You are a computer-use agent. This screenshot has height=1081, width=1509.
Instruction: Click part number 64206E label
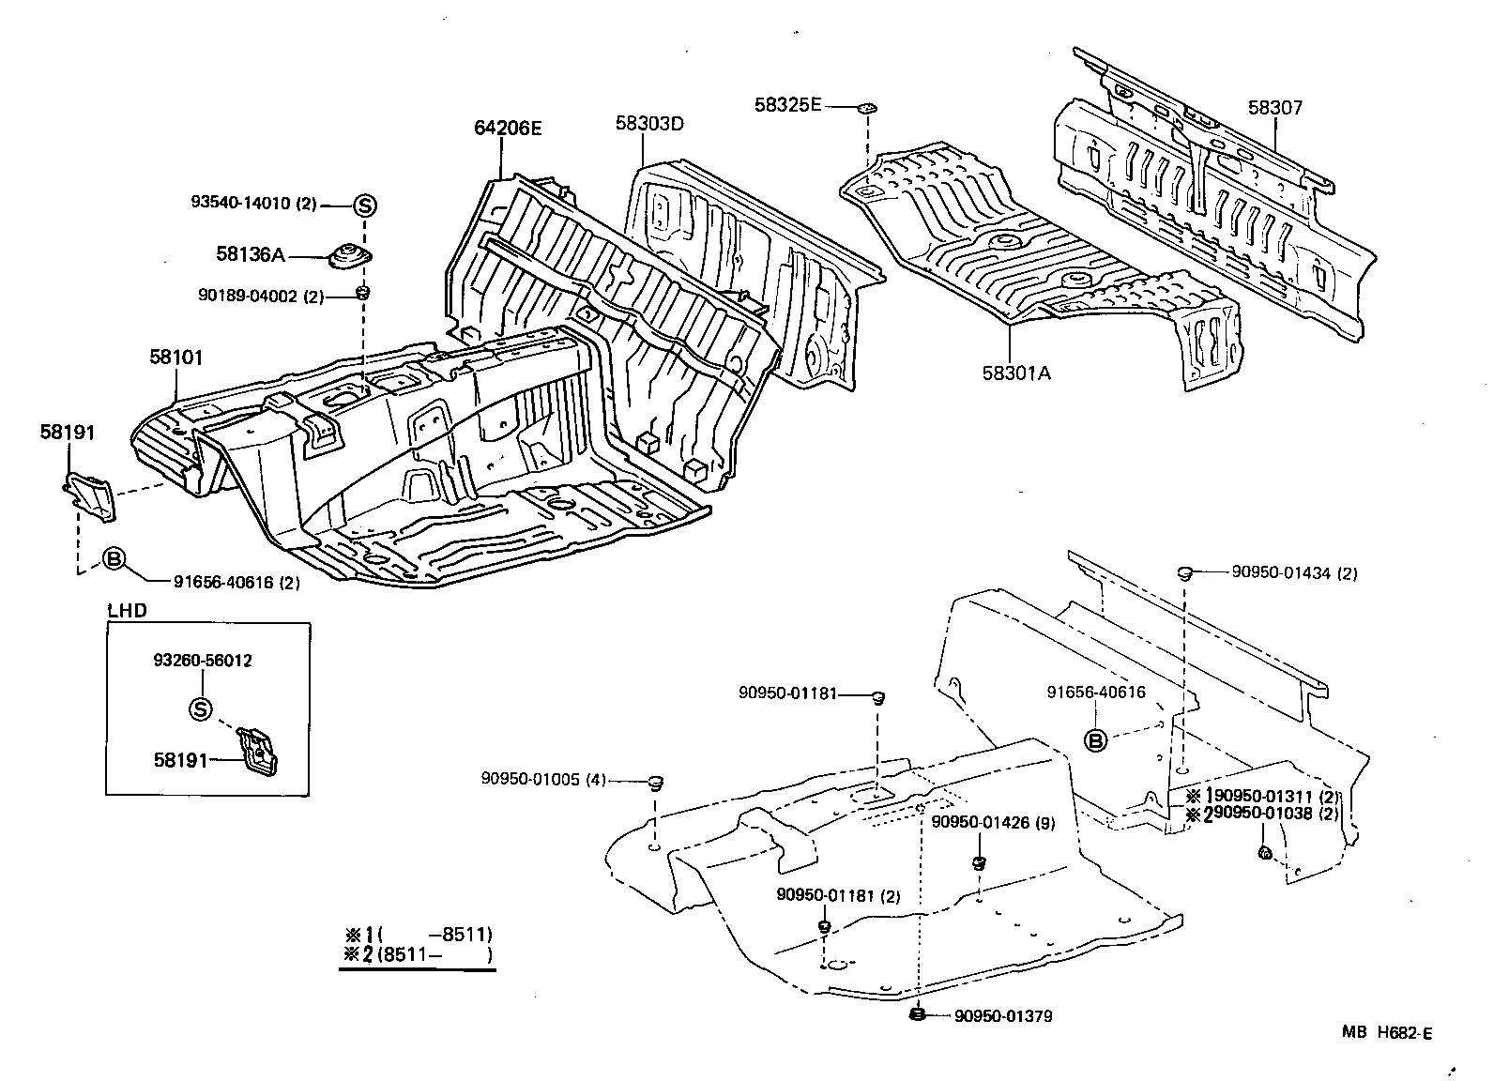(x=508, y=129)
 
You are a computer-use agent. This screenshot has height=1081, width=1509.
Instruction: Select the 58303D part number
(x=650, y=123)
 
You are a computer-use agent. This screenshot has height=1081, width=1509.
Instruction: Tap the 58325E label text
(x=787, y=105)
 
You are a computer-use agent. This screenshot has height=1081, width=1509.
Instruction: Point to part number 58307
(x=1275, y=108)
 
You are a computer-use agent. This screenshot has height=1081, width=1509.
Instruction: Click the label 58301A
(x=1016, y=373)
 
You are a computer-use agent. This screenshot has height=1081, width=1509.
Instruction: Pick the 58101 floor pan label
(x=175, y=358)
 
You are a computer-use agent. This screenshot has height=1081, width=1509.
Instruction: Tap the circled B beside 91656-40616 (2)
(x=113, y=559)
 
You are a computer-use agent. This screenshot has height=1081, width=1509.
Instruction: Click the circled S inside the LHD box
(x=200, y=709)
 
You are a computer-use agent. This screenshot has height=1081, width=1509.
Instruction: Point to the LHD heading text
(x=127, y=610)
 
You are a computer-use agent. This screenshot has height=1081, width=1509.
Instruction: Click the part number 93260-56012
(x=202, y=661)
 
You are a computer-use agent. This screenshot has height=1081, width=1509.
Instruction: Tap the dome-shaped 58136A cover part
(x=350, y=254)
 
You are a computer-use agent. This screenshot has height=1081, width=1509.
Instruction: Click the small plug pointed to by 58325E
(x=867, y=109)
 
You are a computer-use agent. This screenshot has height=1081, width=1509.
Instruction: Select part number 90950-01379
(x=1003, y=1016)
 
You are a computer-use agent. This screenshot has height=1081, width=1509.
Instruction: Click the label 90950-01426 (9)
(x=993, y=823)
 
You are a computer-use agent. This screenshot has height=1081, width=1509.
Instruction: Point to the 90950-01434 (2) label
(x=1287, y=573)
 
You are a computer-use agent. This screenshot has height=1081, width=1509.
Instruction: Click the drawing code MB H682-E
(x=1386, y=1033)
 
